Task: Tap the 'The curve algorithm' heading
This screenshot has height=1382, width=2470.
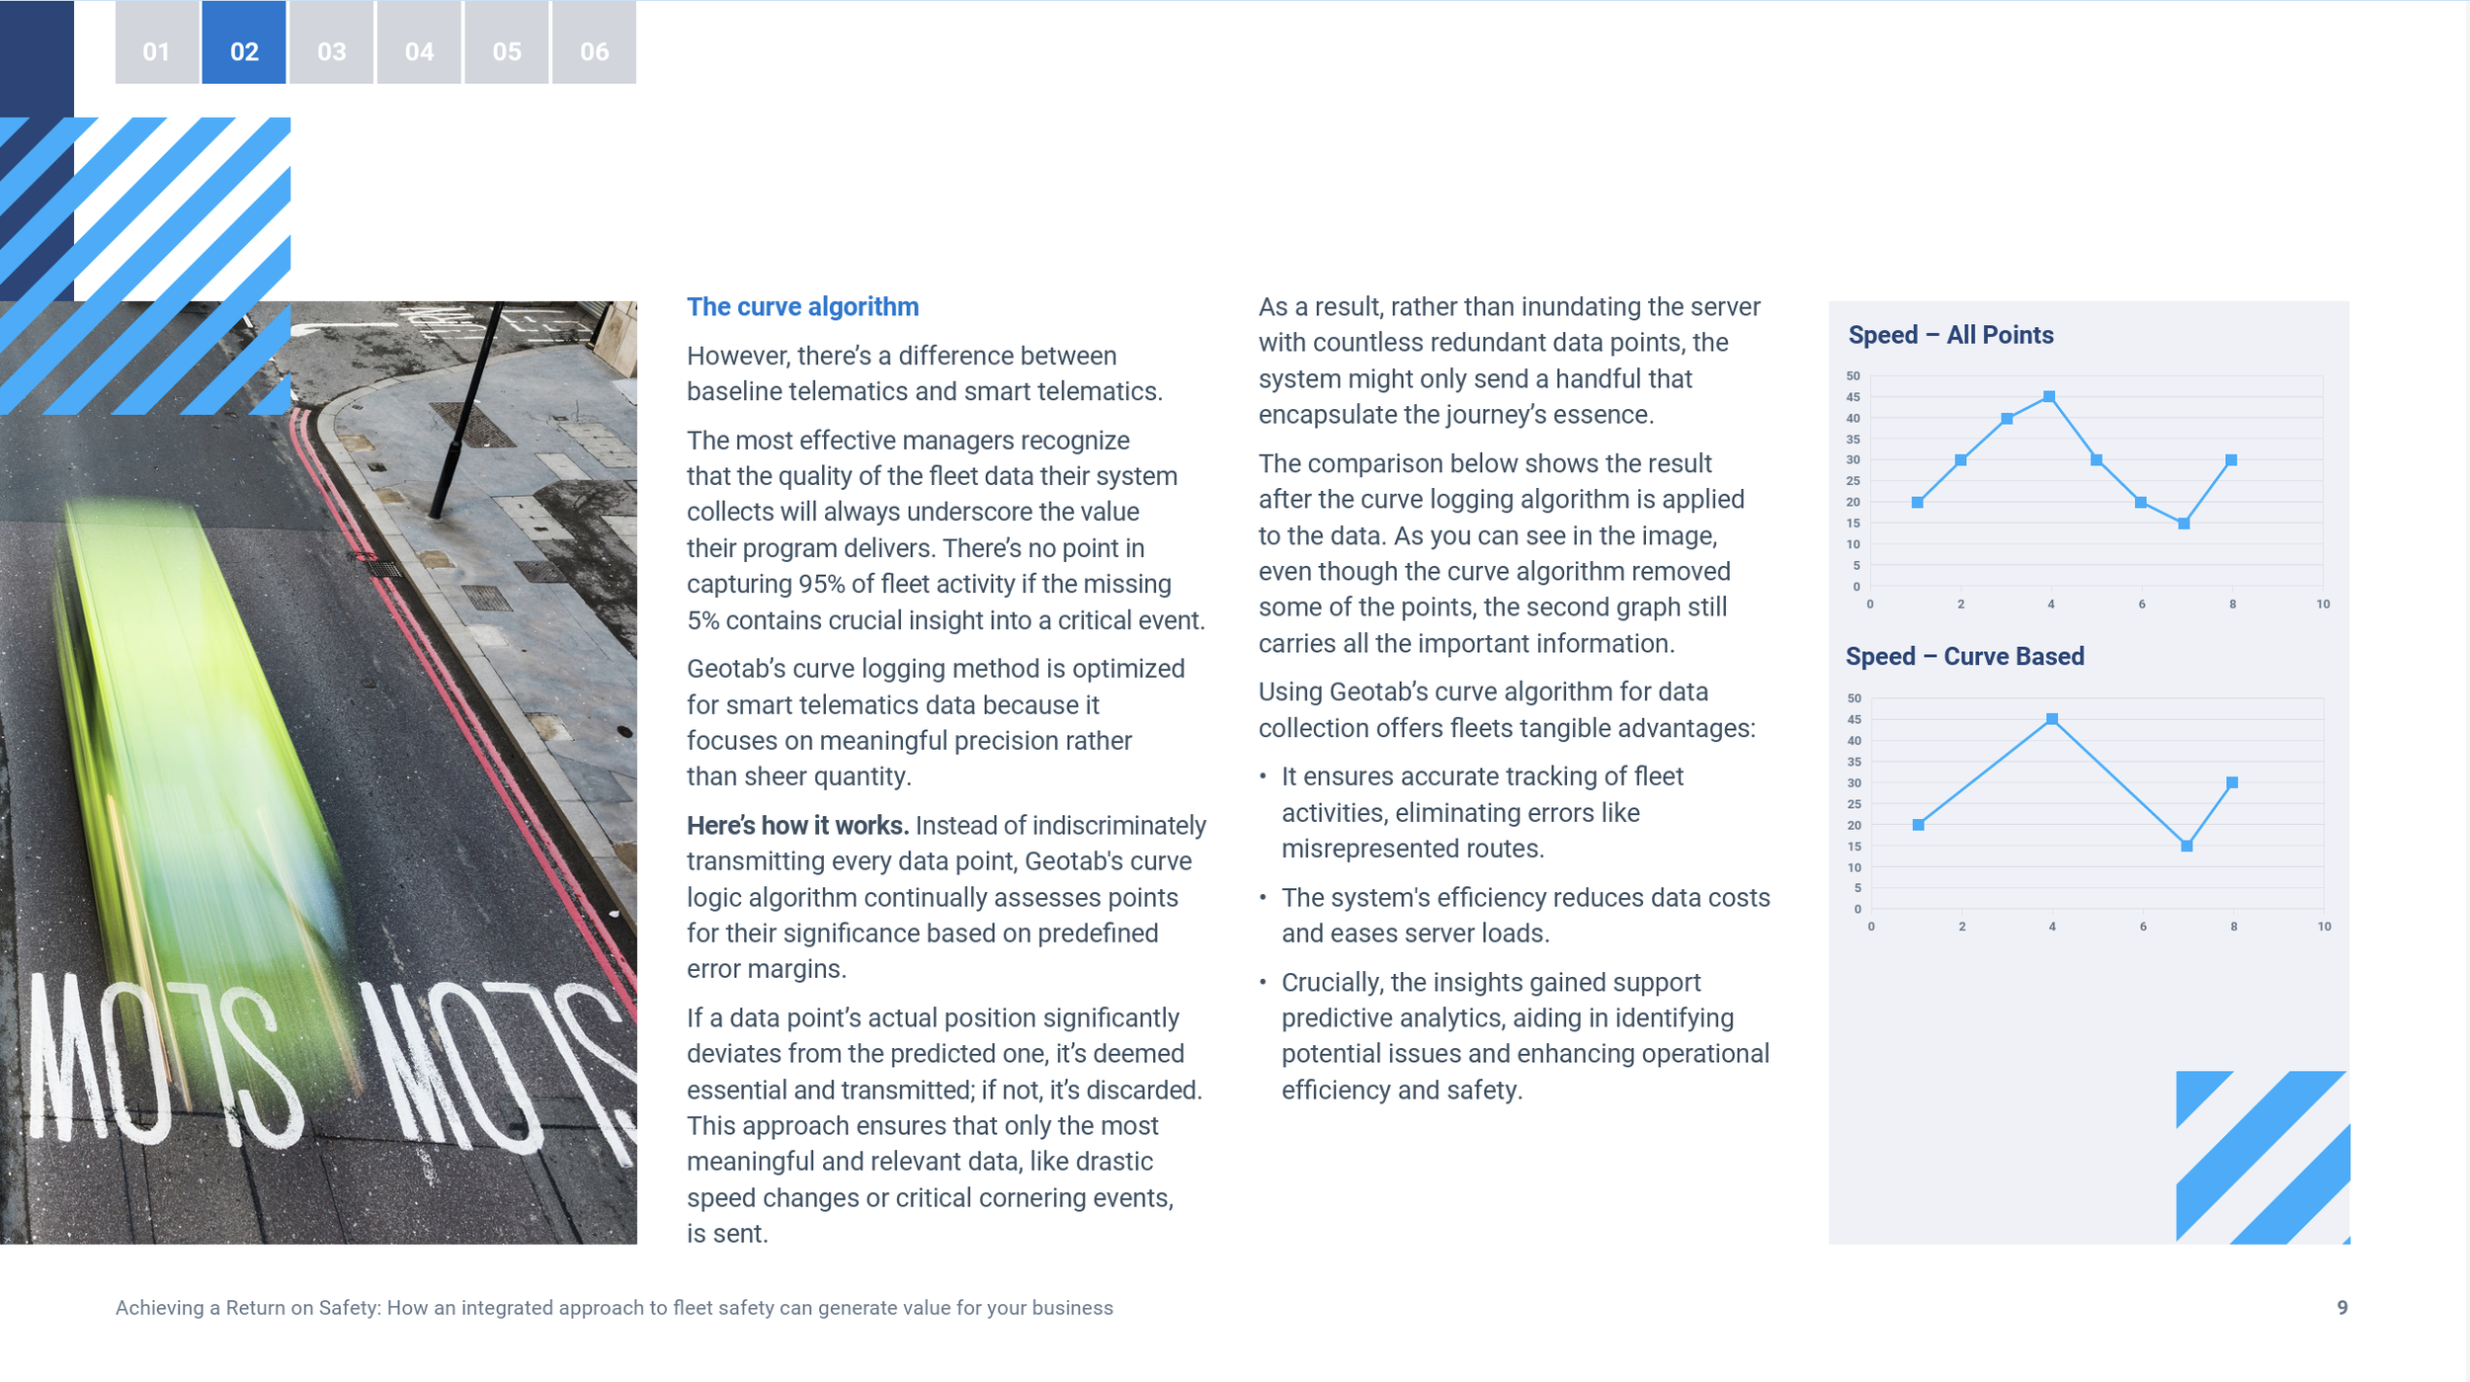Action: pyautogui.click(x=802, y=307)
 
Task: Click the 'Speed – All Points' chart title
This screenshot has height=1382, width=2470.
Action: pyautogui.click(x=1950, y=335)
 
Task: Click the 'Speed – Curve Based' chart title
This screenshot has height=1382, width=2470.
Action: pyautogui.click(x=1964, y=657)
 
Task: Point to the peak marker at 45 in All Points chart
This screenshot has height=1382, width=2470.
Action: pyautogui.click(x=2049, y=397)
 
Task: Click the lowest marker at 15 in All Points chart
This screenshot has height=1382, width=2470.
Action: pyautogui.click(x=2183, y=524)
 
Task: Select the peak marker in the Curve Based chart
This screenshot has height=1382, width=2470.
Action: pyautogui.click(x=2052, y=719)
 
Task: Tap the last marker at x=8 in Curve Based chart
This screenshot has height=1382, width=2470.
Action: pyautogui.click(x=2232, y=782)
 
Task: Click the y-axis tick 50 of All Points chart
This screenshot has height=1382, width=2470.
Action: pyautogui.click(x=1852, y=376)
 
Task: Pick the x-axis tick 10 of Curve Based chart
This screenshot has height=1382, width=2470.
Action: pyautogui.click(x=2324, y=927)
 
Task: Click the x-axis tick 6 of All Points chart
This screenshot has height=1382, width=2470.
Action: pyautogui.click(x=2141, y=605)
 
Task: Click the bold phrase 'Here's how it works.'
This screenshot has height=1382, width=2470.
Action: pyautogui.click(x=797, y=826)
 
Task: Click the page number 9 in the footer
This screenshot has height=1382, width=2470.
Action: pyautogui.click(x=2342, y=1308)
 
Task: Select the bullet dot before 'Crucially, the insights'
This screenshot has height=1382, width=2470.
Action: pyautogui.click(x=1263, y=982)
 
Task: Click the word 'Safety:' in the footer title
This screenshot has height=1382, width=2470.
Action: pyautogui.click(x=349, y=1308)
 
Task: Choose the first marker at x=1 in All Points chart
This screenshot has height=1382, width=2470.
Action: pyautogui.click(x=1918, y=503)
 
